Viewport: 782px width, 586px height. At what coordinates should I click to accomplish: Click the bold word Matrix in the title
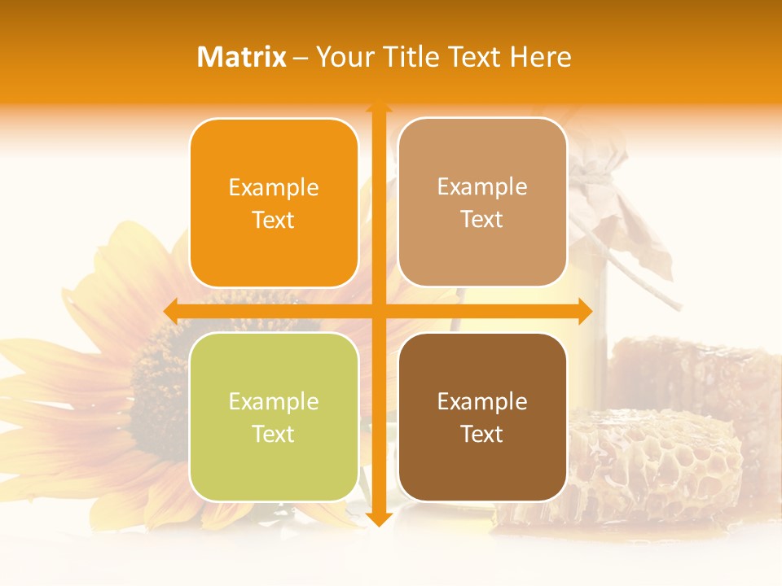(242, 57)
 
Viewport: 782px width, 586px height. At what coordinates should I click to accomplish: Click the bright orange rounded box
(274, 203)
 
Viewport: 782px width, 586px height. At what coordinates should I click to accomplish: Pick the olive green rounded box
(274, 417)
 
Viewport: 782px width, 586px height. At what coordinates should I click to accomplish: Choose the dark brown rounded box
(482, 417)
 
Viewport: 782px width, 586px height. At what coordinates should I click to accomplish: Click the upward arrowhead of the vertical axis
(378, 108)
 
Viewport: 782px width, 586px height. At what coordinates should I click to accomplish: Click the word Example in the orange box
(274, 188)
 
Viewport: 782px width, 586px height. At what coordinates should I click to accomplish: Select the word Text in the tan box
(482, 220)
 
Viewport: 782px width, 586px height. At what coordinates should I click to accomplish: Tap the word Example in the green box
(274, 402)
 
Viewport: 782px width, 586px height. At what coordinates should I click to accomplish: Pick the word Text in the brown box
(482, 435)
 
